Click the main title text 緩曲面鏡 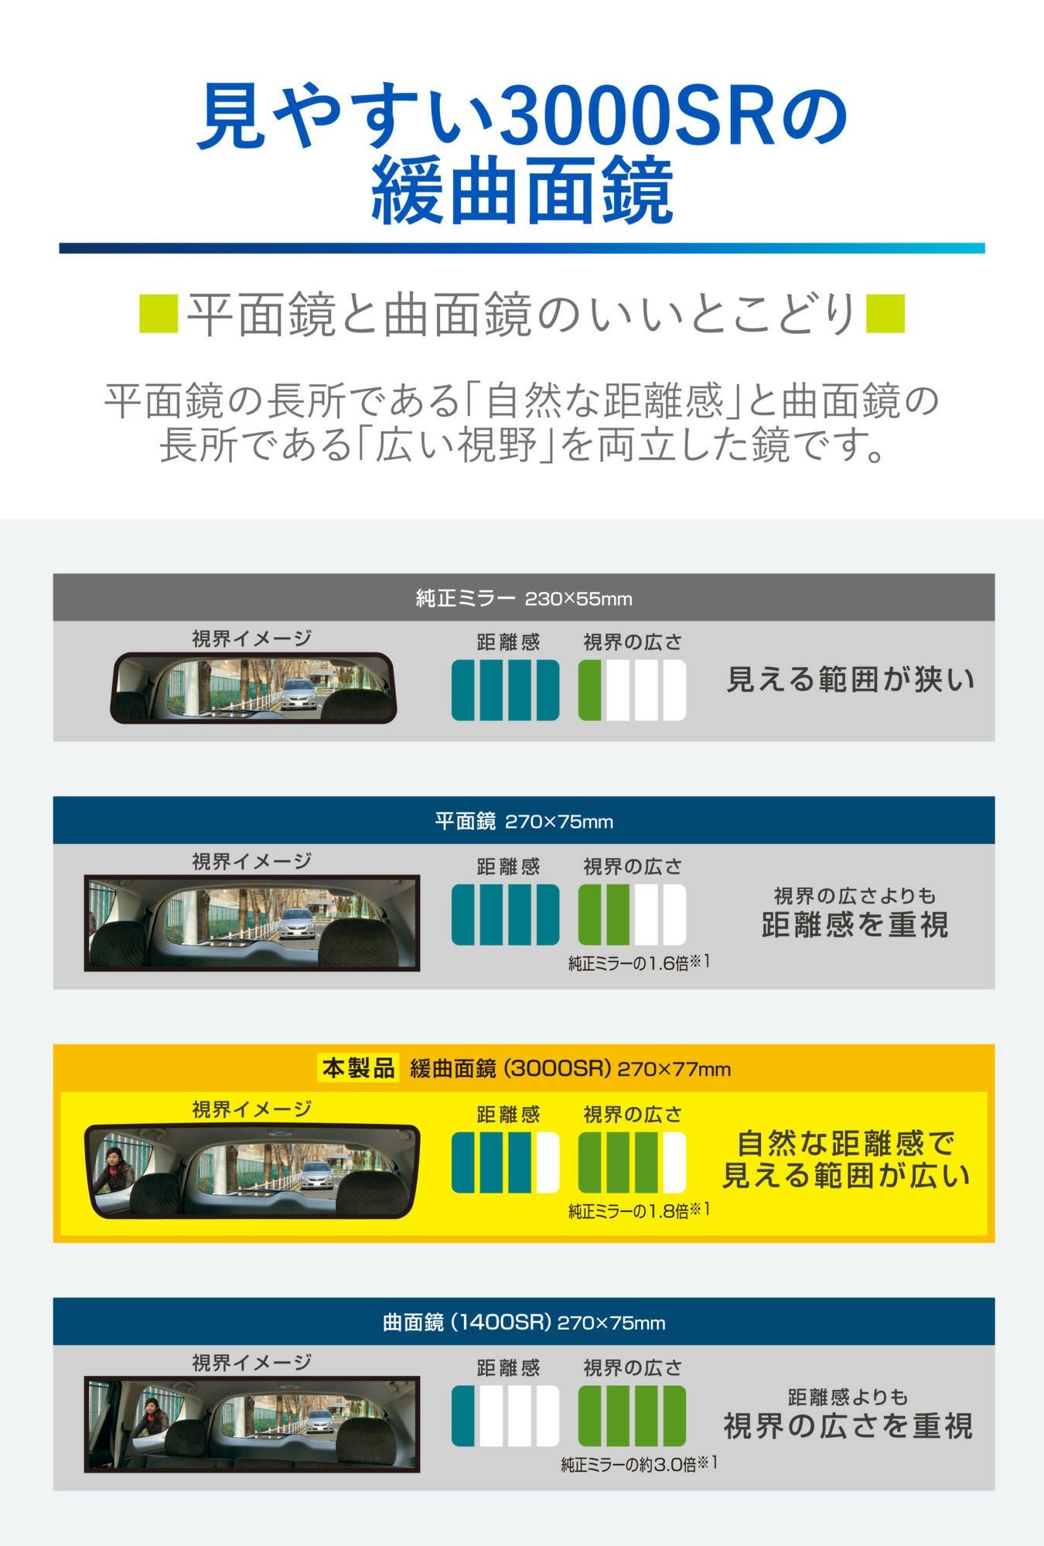pos(522,192)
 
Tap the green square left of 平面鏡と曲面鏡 pos(159,314)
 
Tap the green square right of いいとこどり pos(885,314)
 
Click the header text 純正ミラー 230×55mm pos(524,598)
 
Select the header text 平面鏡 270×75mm pos(524,821)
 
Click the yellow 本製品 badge pos(358,1068)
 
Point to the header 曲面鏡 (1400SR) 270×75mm pos(524,1323)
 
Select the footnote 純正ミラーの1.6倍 pos(639,963)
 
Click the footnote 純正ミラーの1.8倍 pos(639,1211)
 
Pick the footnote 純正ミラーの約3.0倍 pos(639,1464)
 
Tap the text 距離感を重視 pos(855,925)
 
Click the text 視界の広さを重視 pos(848,1426)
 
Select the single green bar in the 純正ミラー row pos(590,690)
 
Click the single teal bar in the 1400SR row pos(462,1416)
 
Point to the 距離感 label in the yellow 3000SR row pos(507,1114)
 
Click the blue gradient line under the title pos(522,248)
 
